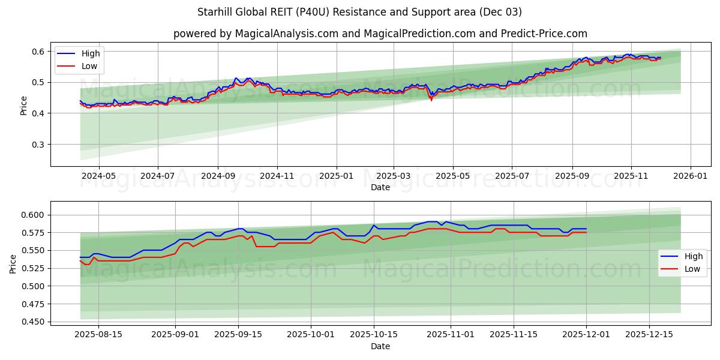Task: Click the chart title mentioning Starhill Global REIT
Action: [x=359, y=12]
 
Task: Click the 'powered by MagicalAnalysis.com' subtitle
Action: [x=380, y=34]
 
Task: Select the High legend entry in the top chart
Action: [x=91, y=53]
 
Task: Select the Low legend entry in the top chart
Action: [x=89, y=66]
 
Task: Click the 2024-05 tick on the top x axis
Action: [x=98, y=177]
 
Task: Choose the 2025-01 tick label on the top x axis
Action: [x=336, y=177]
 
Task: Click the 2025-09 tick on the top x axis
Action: [x=572, y=177]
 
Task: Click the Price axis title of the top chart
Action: [x=23, y=105]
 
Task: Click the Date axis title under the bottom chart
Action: [x=380, y=346]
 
